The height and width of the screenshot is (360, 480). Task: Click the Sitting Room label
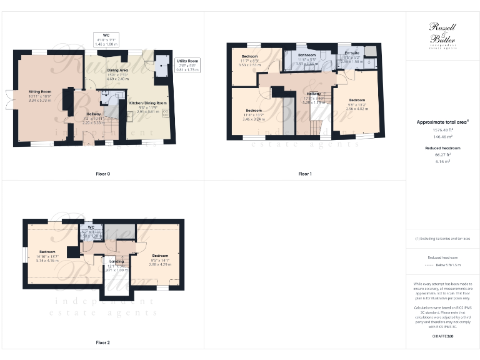pos(39,91)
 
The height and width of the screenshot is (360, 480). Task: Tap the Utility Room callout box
pos(187,66)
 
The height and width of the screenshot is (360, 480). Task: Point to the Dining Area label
pos(117,71)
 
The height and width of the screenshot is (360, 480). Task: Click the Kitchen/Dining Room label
pos(148,102)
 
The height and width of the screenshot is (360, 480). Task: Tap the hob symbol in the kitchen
pos(166,113)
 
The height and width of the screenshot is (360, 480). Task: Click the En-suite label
pos(352,54)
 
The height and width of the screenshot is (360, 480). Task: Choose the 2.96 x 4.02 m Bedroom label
pos(357,101)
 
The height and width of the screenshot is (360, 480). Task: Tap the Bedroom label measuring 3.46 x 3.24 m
pos(253,111)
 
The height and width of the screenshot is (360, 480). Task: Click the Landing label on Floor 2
pos(117,262)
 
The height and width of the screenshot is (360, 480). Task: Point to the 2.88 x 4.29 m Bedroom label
pos(161,256)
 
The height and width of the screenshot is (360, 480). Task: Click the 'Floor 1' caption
pos(305,173)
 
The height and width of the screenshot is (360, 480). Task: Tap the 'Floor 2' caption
pos(103,342)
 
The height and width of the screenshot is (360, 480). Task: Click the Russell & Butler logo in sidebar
pos(442,34)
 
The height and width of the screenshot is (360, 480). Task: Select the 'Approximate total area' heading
pos(442,122)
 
